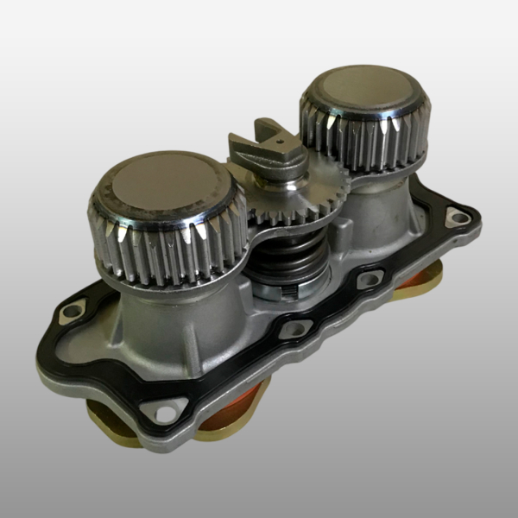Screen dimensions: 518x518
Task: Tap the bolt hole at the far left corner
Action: [68, 312]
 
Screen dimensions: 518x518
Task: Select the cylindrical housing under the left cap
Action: [173, 319]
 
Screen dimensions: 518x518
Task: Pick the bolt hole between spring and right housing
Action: [370, 279]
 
